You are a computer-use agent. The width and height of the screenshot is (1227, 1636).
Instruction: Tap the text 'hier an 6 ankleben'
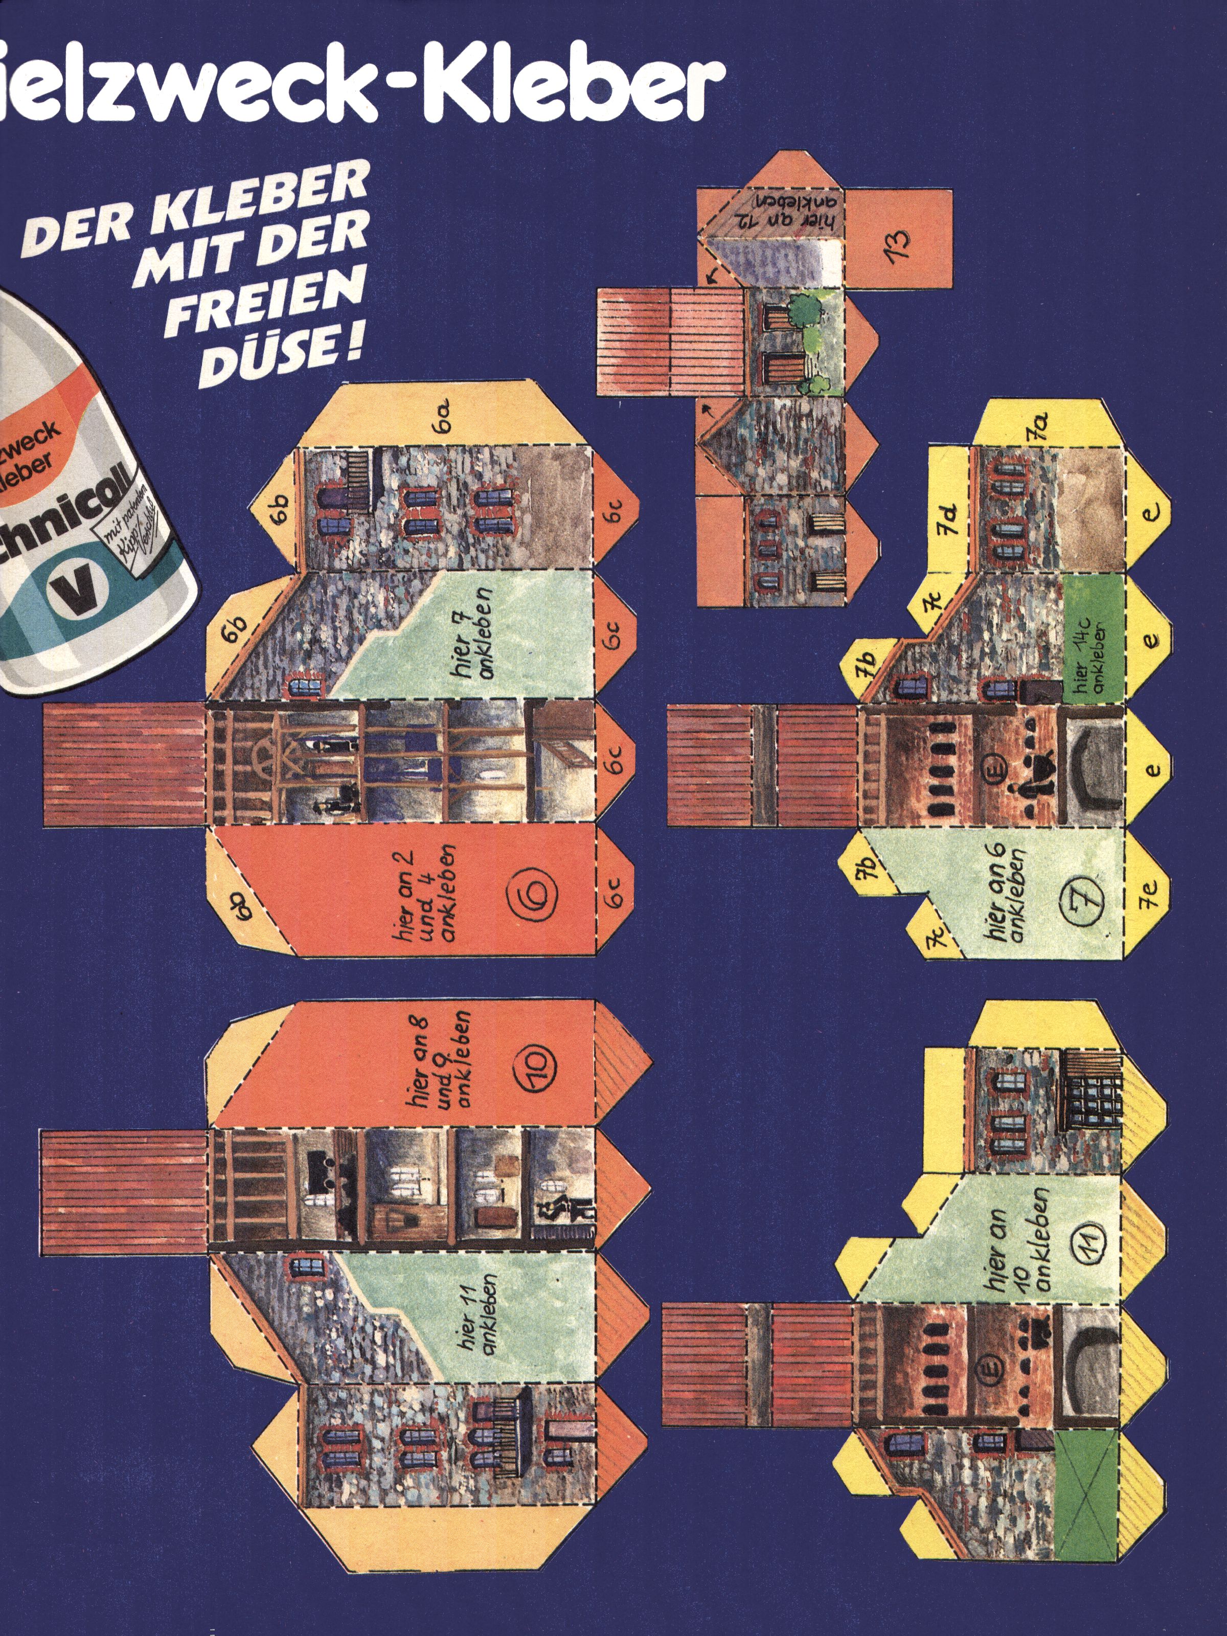click(1008, 895)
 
